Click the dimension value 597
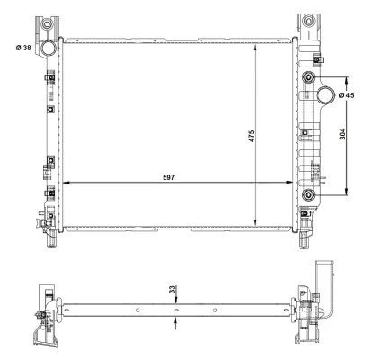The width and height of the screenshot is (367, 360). [168, 177]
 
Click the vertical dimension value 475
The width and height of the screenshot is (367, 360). [251, 136]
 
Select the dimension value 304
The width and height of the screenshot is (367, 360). [342, 134]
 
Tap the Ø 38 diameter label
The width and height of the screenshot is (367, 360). [23, 48]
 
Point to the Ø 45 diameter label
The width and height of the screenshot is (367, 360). [346, 95]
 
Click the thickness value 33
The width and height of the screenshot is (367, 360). [172, 290]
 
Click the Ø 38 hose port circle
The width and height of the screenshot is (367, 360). [48, 49]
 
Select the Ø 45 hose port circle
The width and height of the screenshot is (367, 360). [326, 94]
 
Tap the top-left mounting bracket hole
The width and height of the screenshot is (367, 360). [47, 23]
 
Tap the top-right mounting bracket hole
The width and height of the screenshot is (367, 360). [308, 21]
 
